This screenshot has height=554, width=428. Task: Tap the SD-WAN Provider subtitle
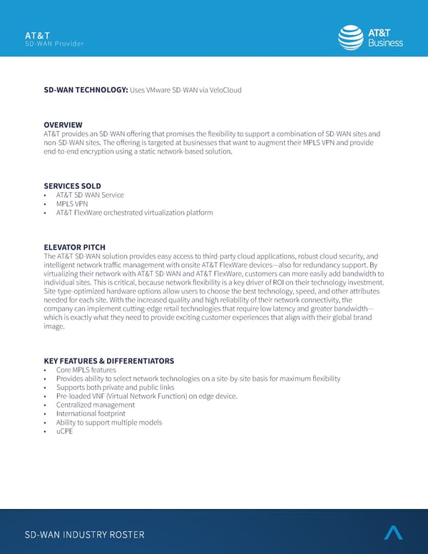click(x=54, y=44)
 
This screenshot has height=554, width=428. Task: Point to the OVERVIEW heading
click(x=63, y=125)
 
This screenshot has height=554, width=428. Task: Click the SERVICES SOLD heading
click(x=72, y=186)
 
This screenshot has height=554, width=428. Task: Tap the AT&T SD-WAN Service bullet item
click(x=90, y=195)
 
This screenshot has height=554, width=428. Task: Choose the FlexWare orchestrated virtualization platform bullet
click(x=134, y=213)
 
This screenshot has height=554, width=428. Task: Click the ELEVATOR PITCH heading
click(x=74, y=247)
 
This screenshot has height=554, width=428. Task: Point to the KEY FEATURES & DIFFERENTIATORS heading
click(x=108, y=361)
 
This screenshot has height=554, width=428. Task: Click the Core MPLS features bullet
click(x=86, y=370)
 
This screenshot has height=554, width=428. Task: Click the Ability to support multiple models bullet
click(x=109, y=422)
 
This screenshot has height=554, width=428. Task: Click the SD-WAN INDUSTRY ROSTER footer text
click(x=84, y=535)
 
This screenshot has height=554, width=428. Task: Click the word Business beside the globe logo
click(x=386, y=43)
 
